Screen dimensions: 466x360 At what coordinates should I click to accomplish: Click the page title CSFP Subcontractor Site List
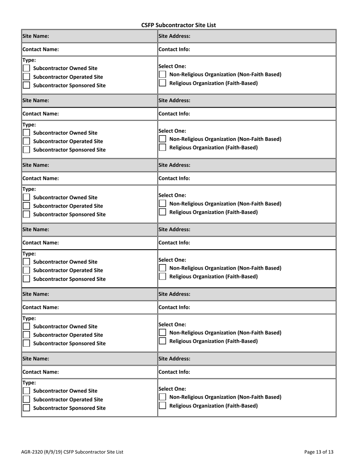click(178, 25)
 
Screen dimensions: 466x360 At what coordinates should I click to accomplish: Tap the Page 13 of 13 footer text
click(319, 452)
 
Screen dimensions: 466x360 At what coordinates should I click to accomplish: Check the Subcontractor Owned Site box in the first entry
click(27, 69)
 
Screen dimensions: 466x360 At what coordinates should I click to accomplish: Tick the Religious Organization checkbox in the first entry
click(162, 83)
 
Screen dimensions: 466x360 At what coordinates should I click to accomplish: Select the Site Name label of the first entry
click(36, 36)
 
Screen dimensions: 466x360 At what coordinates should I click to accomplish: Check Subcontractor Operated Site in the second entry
click(27, 141)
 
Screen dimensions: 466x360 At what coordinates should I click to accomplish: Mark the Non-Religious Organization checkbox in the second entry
click(162, 139)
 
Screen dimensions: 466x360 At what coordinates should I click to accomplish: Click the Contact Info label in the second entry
click(174, 114)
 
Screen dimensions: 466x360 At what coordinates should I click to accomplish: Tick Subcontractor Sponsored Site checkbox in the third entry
click(27, 214)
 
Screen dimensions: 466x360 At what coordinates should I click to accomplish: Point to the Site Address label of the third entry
click(174, 165)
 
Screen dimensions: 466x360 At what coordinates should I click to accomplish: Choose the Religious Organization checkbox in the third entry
click(162, 212)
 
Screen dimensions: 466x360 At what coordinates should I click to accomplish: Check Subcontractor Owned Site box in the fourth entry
click(27, 262)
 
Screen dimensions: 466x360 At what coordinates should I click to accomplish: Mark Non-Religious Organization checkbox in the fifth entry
click(162, 333)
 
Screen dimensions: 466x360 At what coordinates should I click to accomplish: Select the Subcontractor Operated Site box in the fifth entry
click(27, 335)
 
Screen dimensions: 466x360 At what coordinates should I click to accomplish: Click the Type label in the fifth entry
click(30, 318)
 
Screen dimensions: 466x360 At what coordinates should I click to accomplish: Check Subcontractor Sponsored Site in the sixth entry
click(27, 408)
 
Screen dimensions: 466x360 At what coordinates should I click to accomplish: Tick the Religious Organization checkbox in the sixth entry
click(162, 406)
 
